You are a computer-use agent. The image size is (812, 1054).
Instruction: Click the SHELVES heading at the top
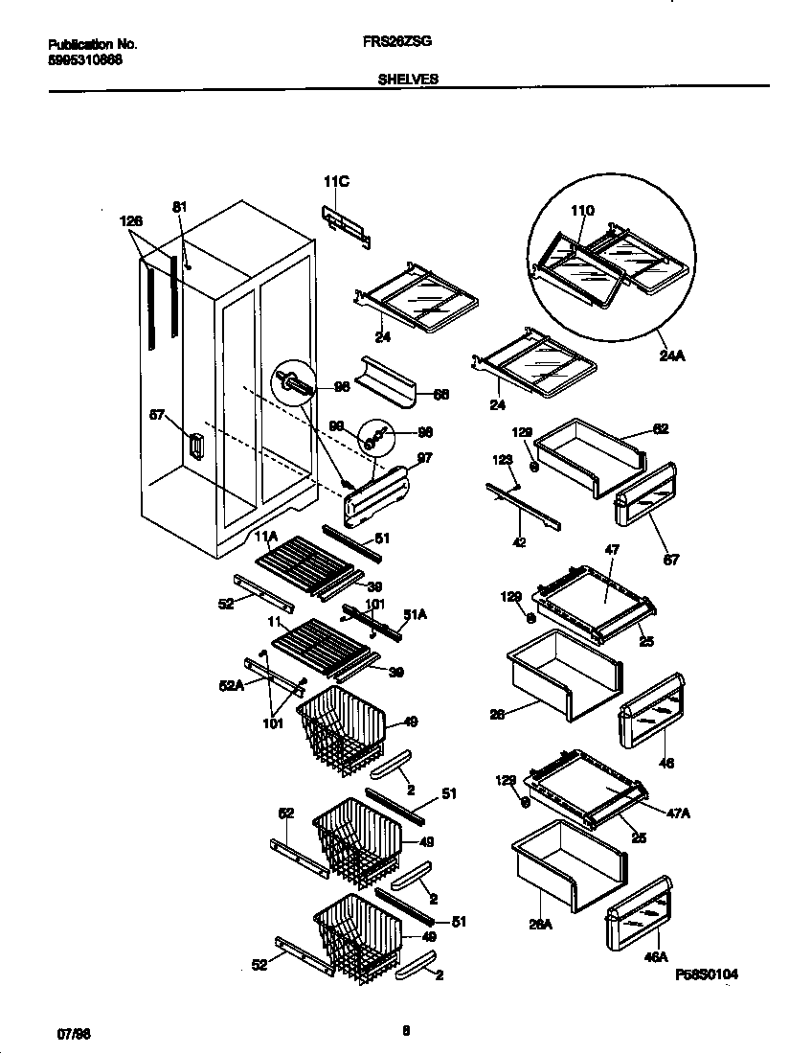(x=408, y=80)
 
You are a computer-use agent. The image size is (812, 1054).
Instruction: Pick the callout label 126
(x=131, y=220)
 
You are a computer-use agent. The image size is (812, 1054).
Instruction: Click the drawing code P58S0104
(x=707, y=974)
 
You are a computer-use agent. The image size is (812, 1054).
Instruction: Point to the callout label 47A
(x=678, y=813)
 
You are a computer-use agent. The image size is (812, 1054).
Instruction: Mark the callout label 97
(x=424, y=458)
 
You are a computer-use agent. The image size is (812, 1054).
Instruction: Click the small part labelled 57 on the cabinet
(x=195, y=447)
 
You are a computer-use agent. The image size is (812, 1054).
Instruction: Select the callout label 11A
(x=265, y=536)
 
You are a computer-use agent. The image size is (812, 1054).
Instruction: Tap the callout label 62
(x=661, y=428)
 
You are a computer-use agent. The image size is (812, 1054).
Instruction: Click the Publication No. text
(x=93, y=44)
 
